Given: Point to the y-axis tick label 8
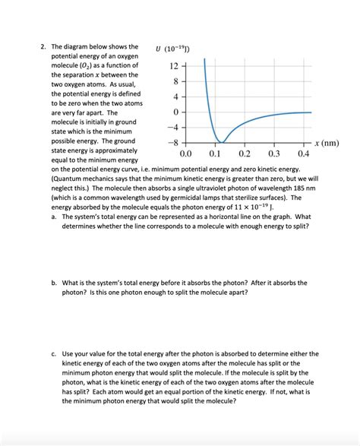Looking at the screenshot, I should [x=174, y=81].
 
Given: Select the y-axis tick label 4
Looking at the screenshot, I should [x=174, y=96].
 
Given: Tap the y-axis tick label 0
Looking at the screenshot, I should [x=174, y=112].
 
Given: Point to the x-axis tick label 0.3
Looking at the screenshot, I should [x=274, y=153].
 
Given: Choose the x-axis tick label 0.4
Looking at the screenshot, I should [x=303, y=153].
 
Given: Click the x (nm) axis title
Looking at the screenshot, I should [x=327, y=143].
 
